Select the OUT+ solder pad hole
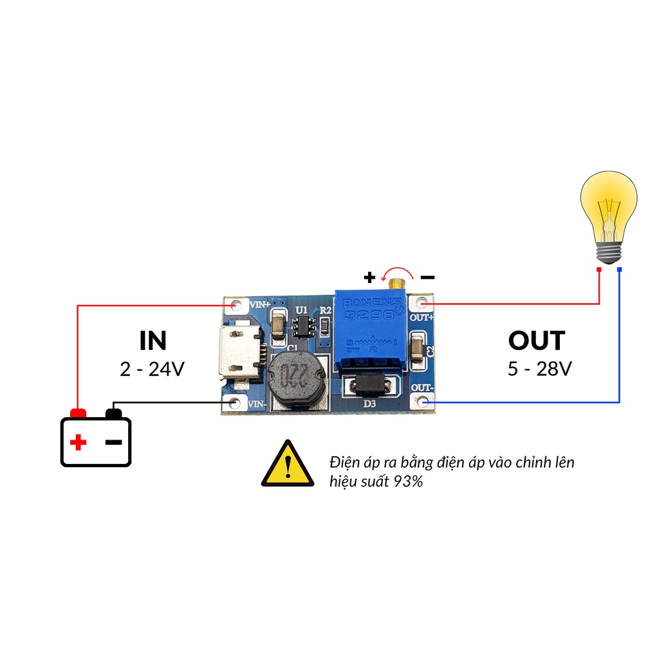422,303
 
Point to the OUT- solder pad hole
422,402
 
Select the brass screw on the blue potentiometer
398,283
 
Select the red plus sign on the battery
78,442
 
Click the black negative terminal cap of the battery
113,413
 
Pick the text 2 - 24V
153,369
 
